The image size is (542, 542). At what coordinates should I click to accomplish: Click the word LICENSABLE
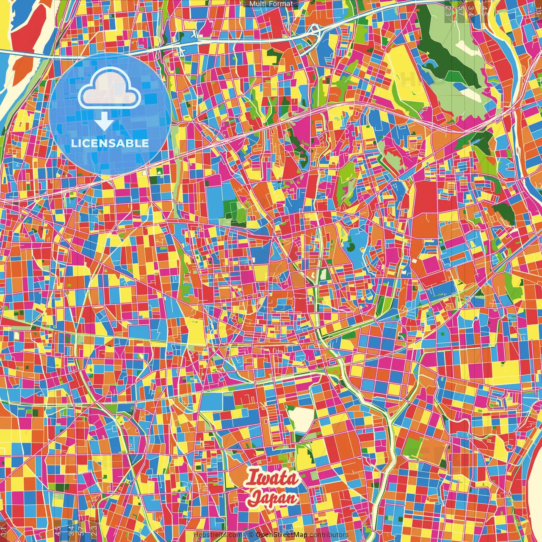pos(110,143)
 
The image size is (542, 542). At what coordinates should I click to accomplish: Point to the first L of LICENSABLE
pos(74,143)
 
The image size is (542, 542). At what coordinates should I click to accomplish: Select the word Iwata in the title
pos(273,478)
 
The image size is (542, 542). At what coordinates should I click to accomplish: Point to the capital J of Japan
pos(255,498)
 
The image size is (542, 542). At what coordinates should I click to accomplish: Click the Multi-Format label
pos(271,4)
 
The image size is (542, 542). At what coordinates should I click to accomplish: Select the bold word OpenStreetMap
pos(282,535)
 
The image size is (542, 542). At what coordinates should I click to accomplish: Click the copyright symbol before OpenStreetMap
pos(251,535)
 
